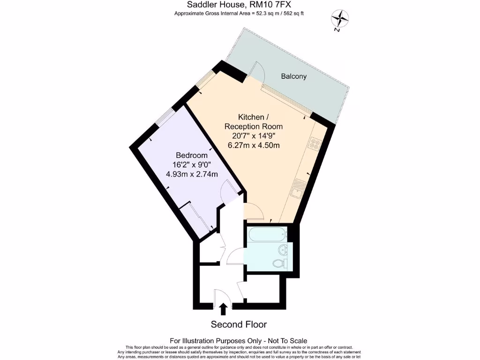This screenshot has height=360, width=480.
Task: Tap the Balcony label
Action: pyautogui.click(x=294, y=76)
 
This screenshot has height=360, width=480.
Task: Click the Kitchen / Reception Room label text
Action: pyautogui.click(x=254, y=121)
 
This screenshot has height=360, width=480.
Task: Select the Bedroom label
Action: pyautogui.click(x=192, y=155)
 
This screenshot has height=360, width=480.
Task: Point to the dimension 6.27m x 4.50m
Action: pyautogui.click(x=254, y=145)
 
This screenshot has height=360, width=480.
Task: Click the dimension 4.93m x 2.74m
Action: pyautogui.click(x=192, y=174)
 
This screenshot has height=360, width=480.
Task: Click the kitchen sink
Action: pyautogui.click(x=298, y=188)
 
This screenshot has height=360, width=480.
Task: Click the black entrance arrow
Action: pyautogui.click(x=224, y=308)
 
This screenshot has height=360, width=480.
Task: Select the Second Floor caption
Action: pyautogui.click(x=239, y=324)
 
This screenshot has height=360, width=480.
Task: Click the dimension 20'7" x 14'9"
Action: pyautogui.click(x=254, y=136)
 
